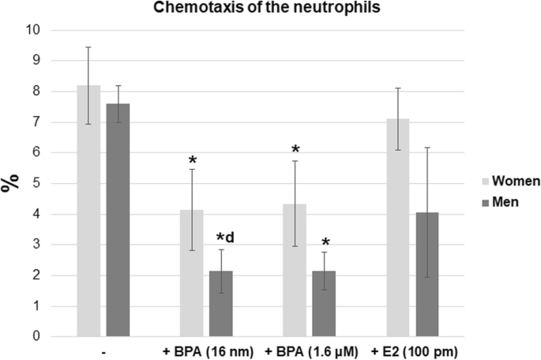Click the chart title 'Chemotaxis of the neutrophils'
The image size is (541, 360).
pos(269,9)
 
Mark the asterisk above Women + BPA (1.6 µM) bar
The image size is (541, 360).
pos(295,149)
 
